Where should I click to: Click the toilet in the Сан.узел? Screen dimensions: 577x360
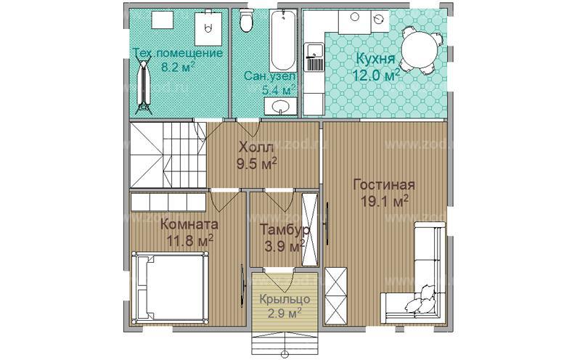[246, 20]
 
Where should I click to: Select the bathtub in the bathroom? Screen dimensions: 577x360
[283, 41]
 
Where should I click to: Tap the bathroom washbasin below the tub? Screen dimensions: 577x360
[281, 107]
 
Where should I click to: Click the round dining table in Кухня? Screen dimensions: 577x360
[420, 49]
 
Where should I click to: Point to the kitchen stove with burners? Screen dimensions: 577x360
[314, 57]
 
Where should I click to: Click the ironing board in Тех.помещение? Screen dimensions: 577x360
[142, 84]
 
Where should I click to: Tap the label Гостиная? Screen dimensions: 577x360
[384, 185]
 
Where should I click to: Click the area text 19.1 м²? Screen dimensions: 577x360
[385, 200]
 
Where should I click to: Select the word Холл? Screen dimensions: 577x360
[256, 148]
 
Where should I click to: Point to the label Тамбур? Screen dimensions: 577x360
[284, 229]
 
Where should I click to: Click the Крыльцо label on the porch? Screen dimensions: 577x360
[285, 299]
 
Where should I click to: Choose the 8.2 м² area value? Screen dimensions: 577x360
[178, 67]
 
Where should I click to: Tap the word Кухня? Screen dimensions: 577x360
[376, 59]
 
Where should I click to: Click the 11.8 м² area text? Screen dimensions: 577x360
[189, 242]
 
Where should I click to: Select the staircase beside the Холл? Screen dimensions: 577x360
[168, 155]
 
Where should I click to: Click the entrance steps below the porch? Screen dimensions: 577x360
[285, 340]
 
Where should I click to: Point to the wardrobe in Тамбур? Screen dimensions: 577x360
[309, 229]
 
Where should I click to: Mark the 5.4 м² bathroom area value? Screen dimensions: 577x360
[279, 89]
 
